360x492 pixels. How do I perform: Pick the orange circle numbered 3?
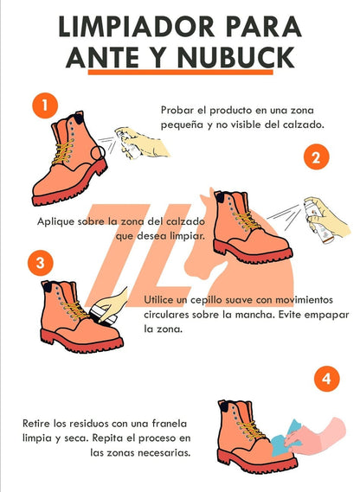coord(37,262)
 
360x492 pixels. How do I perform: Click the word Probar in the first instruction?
coord(177,110)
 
